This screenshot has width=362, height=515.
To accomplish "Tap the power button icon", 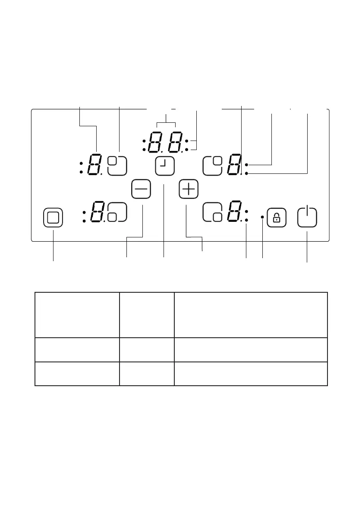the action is pos(307,217).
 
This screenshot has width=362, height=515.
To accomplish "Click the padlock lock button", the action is pos(277,217).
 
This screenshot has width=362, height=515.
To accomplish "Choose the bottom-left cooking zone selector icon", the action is pos(118,212).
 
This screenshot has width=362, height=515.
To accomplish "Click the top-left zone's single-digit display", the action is pos(94,166).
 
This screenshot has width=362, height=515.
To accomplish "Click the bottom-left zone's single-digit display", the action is pos(98,212).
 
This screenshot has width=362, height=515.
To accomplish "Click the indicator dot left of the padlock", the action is pos(262,216).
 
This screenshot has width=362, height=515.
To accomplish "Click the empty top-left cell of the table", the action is pos(77,315).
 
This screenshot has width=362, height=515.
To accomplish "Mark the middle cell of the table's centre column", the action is pos(147,350).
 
